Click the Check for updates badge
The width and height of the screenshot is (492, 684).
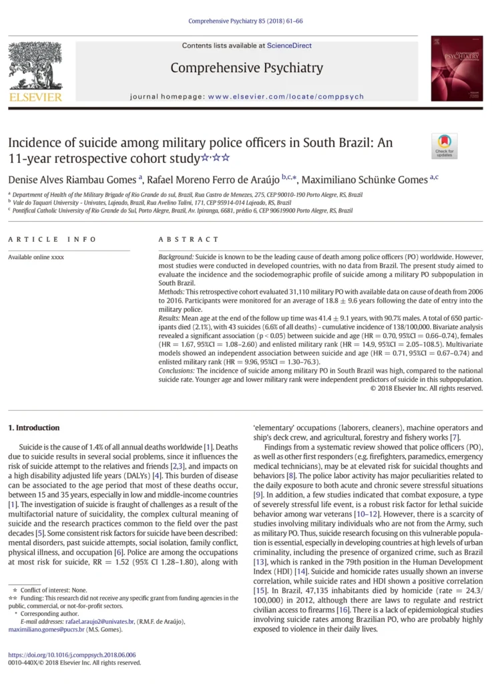pyautogui.click(x=444, y=146)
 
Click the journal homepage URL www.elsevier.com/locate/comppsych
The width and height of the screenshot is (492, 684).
pyautogui.click(x=286, y=97)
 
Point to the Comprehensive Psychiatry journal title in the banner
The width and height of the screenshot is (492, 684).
pyautogui.click(x=246, y=68)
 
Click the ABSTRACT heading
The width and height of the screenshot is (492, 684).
pyautogui.click(x=188, y=239)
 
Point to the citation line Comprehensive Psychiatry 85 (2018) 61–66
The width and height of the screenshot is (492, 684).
pyautogui.click(x=246, y=21)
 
